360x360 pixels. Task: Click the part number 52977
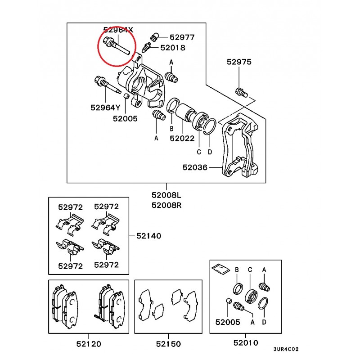click(x=182, y=37)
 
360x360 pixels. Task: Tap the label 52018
click(x=173, y=48)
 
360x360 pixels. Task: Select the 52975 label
click(x=239, y=62)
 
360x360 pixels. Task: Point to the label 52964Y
click(x=105, y=108)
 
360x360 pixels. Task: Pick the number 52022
click(x=182, y=138)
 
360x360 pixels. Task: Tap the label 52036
click(x=195, y=167)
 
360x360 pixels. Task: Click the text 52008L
click(x=166, y=195)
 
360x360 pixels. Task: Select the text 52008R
click(x=166, y=205)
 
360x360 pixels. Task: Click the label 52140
click(x=149, y=236)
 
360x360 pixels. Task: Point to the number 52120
click(x=89, y=344)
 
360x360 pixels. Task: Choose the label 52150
click(x=168, y=344)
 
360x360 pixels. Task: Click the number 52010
click(x=246, y=343)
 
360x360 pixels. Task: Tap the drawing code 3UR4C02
click(x=286, y=349)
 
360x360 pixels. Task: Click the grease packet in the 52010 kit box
click(x=220, y=269)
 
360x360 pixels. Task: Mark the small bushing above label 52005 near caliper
click(x=126, y=96)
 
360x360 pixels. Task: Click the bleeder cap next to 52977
click(x=154, y=37)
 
